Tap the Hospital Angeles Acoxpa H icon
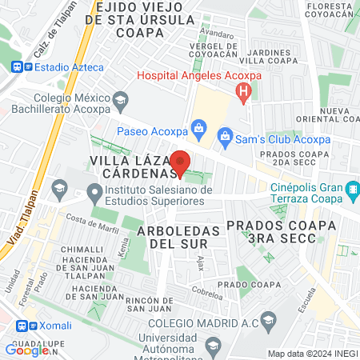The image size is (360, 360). (245, 93)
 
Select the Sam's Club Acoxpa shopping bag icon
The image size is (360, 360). (226, 137)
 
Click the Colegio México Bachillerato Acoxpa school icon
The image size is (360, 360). (121, 100)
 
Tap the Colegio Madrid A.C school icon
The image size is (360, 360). (267, 322)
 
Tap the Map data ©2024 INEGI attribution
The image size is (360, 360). (312, 354)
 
